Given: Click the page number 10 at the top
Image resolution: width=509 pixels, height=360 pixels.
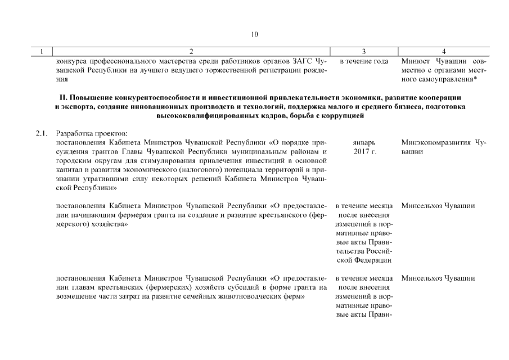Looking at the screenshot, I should [x=254, y=34].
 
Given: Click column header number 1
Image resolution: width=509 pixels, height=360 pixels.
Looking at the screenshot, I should [x=43, y=51].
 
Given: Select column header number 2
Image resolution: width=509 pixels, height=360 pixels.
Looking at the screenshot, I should [x=191, y=51].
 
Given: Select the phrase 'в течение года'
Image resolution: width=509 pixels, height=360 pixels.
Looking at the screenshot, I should [x=364, y=61].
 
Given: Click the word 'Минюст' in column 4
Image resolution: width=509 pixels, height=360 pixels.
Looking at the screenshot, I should [x=415, y=61].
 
